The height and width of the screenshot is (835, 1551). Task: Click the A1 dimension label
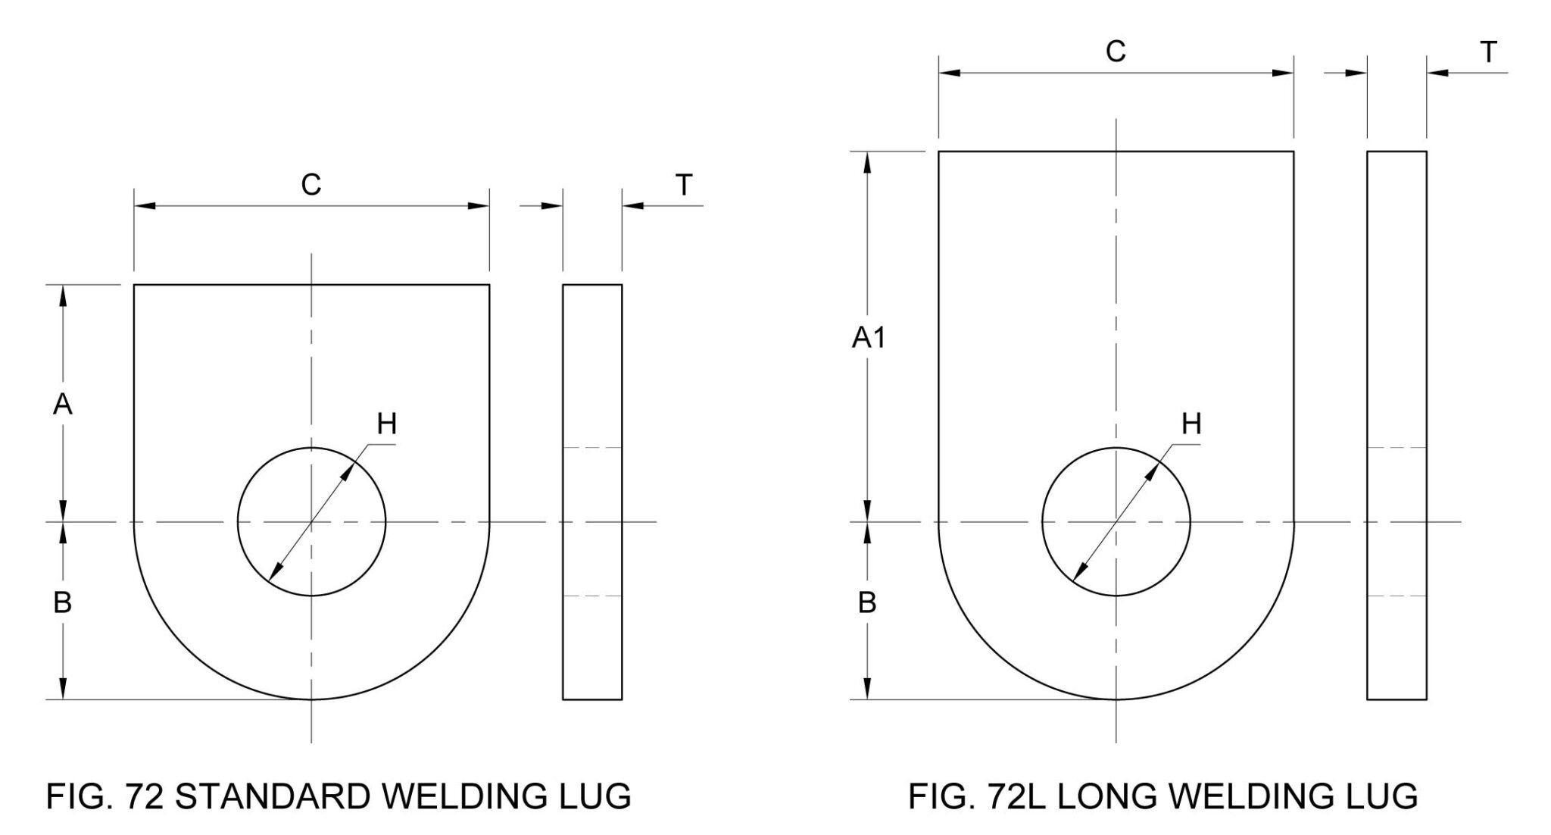(x=868, y=338)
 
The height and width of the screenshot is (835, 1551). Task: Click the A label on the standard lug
(x=63, y=405)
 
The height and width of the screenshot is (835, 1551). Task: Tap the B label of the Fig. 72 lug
(x=63, y=603)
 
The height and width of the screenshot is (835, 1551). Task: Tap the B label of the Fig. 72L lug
(x=867, y=603)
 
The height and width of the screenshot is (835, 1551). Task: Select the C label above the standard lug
(x=311, y=184)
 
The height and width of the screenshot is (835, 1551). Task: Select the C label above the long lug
(x=1116, y=52)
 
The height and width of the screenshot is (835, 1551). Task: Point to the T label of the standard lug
(x=684, y=184)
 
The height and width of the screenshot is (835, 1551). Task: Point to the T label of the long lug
(x=1488, y=52)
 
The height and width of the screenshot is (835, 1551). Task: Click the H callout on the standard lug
(x=387, y=424)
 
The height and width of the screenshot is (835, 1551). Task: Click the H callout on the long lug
(x=1191, y=424)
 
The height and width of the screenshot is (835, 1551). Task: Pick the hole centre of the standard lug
(x=311, y=521)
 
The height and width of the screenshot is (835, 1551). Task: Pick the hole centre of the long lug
(x=1116, y=521)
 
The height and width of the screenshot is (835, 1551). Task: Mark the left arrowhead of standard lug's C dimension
(x=144, y=205)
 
